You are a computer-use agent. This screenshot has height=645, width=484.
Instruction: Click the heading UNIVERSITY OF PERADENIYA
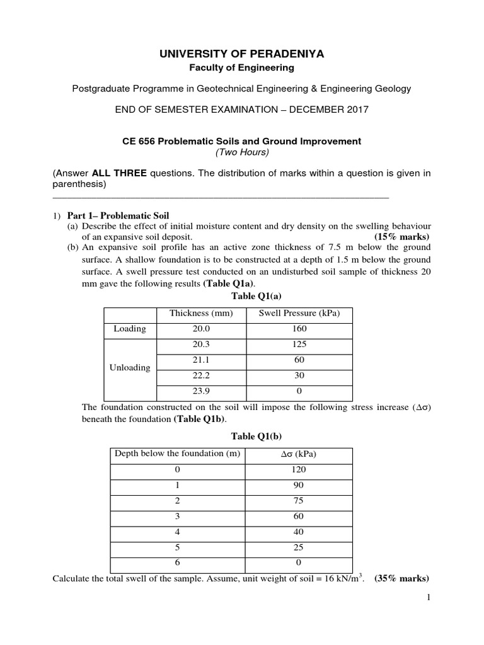(x=242, y=54)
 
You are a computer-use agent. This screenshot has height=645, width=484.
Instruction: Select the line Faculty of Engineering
(x=242, y=67)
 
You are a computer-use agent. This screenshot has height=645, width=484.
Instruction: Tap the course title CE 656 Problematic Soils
(x=242, y=141)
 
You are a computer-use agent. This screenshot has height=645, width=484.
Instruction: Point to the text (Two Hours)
(x=242, y=152)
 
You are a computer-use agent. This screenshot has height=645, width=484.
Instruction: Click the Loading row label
(x=129, y=329)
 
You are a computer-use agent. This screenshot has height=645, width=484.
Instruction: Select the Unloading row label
(x=129, y=367)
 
